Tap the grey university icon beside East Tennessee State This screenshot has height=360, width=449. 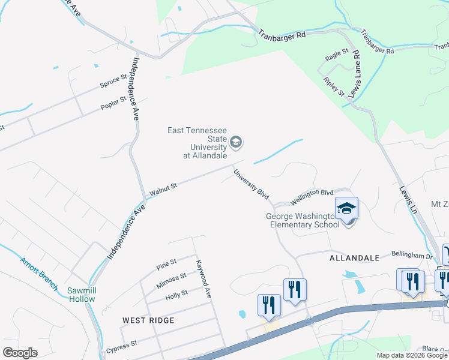236,142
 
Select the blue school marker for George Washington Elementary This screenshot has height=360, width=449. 346,208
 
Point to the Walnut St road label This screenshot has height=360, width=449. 163,188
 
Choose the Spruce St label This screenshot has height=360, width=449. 113,81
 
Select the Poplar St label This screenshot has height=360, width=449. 114,103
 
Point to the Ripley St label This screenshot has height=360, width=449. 334,87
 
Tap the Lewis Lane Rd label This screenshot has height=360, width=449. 355,73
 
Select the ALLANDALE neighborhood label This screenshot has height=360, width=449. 354,258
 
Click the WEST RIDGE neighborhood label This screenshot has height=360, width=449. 148,320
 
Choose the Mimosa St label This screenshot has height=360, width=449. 173,278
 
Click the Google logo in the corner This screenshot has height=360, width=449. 20,353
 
